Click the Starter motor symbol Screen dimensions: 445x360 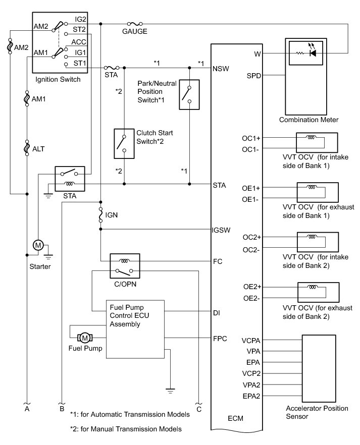pyautogui.click(x=38, y=245)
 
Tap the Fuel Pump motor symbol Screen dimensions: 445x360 pyautogui.click(x=85, y=338)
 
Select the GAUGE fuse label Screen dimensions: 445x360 pyautogui.click(x=135, y=32)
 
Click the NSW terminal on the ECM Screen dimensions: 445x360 pyautogui.click(x=222, y=67)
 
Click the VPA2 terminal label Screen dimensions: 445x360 pyautogui.click(x=251, y=385)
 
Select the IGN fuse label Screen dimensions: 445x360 pyautogui.click(x=112, y=215)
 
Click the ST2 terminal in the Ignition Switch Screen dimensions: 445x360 pyautogui.click(x=80, y=30)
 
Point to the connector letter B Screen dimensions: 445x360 pyautogui.click(x=62, y=410)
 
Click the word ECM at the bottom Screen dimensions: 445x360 pyautogui.click(x=236, y=419)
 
